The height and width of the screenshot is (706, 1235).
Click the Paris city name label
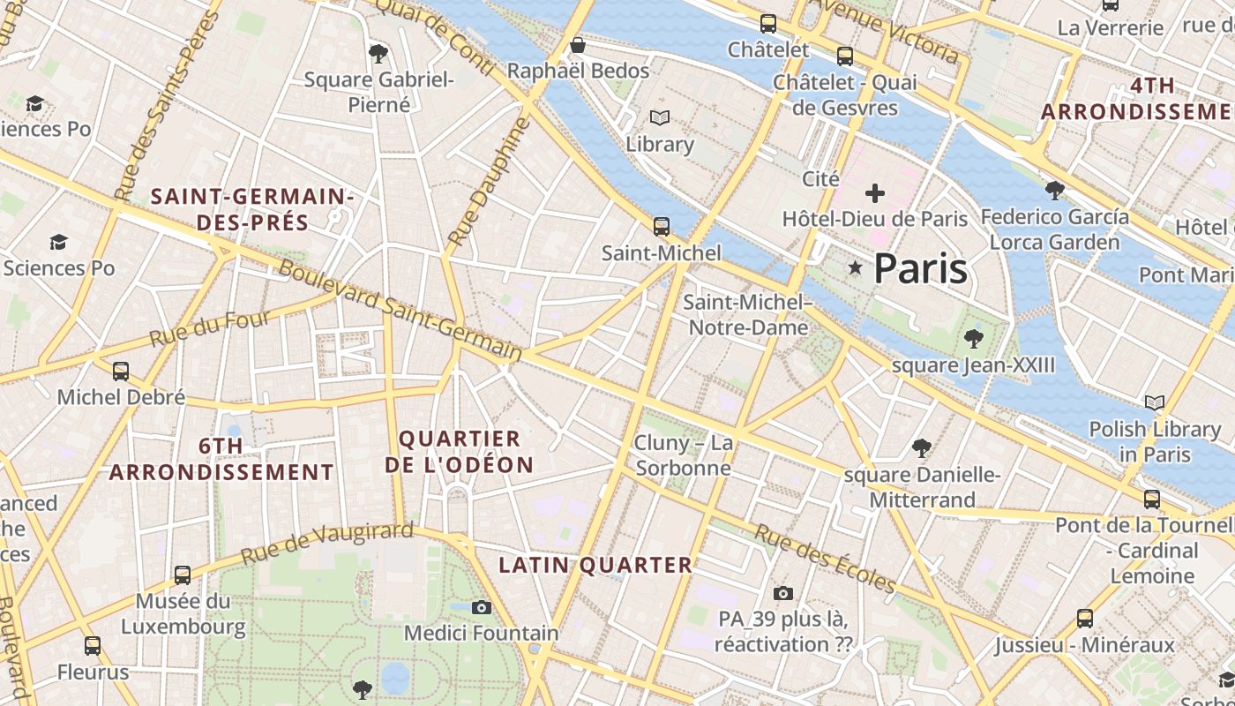point(920,268)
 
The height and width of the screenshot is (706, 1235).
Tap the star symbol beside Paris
point(854,267)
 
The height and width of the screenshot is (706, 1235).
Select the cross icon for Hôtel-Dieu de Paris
point(875,192)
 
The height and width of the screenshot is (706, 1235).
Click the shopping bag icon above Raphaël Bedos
point(578,45)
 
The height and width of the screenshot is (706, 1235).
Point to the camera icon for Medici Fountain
point(481,607)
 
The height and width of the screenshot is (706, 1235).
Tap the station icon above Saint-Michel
point(662,226)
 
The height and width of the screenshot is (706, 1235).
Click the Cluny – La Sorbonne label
point(684,454)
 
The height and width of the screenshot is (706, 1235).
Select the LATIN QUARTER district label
point(595,565)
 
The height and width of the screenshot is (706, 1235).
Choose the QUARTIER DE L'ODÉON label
point(460,452)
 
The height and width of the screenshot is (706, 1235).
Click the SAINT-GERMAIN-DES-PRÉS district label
point(252,209)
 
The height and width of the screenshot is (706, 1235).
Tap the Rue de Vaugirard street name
point(326,544)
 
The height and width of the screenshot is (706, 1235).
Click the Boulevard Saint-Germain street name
point(400,309)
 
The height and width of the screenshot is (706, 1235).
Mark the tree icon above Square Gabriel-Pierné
point(378,54)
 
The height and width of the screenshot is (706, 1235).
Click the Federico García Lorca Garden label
point(1054,229)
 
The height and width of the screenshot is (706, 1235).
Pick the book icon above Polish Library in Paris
point(1154,403)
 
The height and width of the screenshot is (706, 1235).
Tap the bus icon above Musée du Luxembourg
point(183,575)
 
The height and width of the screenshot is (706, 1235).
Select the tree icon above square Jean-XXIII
point(974,338)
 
